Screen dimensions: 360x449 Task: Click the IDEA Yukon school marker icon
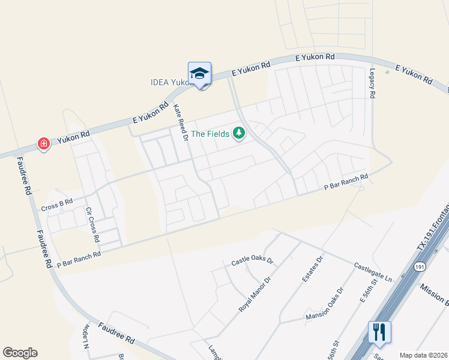pos(199,74)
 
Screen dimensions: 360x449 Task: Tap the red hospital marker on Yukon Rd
pos(43,143)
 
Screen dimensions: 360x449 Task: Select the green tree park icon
pos(239,133)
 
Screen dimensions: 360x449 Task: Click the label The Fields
pos(210,133)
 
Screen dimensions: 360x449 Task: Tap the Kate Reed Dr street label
pos(181,123)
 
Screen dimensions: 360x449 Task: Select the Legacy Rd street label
pos(372,82)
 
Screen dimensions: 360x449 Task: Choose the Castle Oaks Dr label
pos(252,262)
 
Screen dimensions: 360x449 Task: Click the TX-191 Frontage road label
pos(432,229)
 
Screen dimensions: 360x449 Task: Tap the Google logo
pos(20,353)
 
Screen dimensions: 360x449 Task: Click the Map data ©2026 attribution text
pos(423,355)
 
